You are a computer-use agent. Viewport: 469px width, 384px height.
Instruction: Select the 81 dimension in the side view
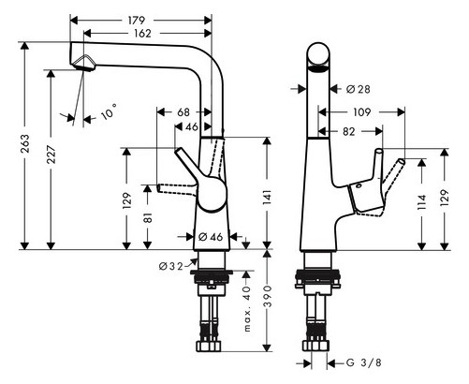(147, 217)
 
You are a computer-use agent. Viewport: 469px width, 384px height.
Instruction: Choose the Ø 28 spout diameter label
(357, 89)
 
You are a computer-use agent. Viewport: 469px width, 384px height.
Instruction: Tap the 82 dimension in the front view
(347, 133)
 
